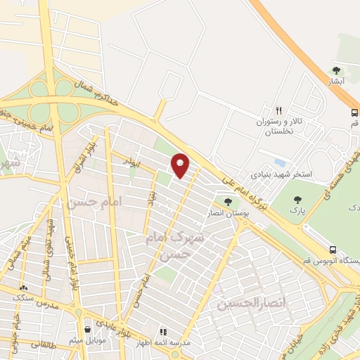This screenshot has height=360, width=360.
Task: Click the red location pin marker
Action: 181,166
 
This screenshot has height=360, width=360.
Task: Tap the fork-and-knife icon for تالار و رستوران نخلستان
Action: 278,110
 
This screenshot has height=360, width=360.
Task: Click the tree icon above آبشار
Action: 336,70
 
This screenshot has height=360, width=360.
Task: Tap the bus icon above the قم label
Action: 354,112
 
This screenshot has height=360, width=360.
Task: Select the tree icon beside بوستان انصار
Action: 227,202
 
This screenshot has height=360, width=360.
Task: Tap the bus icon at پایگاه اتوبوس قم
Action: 332,249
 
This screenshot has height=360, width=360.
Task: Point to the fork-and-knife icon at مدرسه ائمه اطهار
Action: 163,330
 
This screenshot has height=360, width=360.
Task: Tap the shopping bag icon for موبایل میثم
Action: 87,329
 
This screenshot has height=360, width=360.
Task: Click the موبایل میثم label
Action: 89,341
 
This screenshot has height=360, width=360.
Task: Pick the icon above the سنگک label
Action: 25,288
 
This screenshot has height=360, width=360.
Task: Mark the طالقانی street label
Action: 27,345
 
